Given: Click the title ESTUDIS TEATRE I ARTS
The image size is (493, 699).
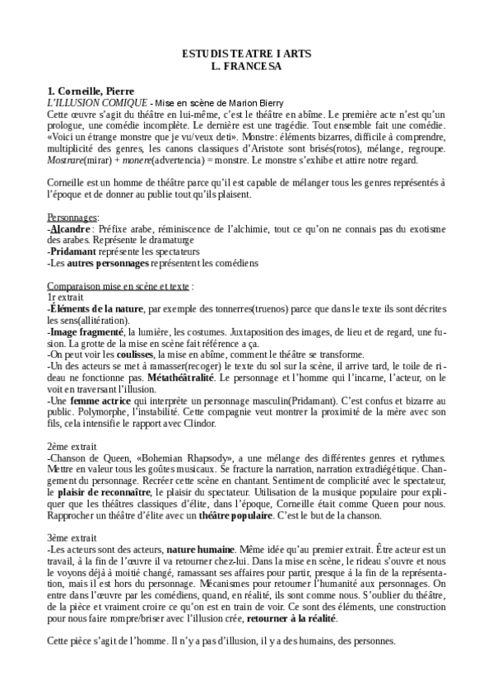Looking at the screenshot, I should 246,52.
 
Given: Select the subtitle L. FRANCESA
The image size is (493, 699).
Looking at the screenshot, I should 246,63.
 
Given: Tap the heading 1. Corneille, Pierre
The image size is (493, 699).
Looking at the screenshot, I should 90,89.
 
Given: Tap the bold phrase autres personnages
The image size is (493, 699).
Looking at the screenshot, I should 109,263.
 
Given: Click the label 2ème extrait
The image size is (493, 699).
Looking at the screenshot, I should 72,445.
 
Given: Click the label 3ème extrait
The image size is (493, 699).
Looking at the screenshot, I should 72,537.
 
